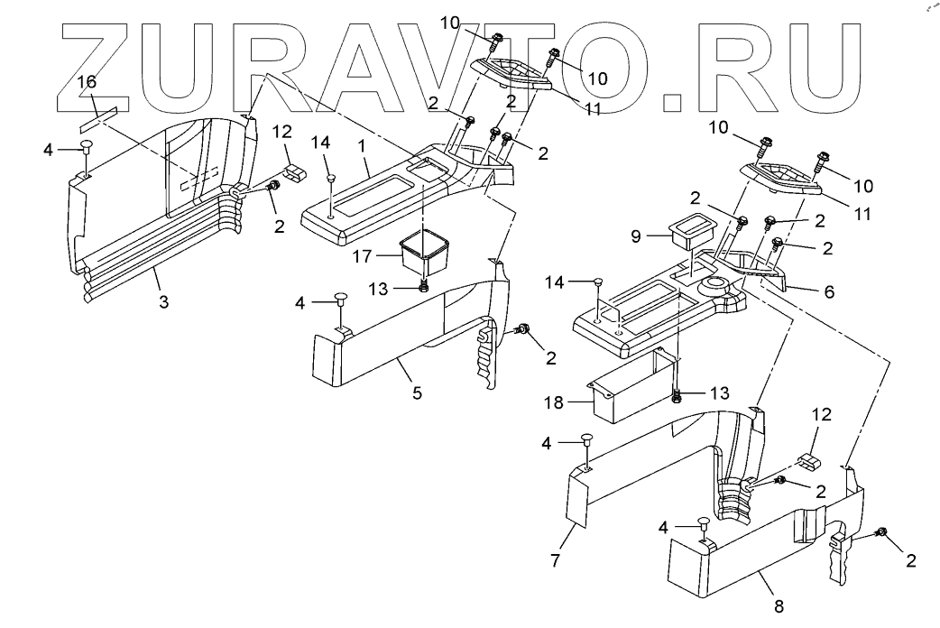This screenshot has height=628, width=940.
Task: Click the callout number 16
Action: click(x=87, y=83)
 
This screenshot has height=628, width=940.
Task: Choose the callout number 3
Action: click(x=163, y=300)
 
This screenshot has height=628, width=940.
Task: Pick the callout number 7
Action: click(x=557, y=560)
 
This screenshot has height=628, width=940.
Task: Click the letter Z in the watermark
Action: click(x=108, y=68)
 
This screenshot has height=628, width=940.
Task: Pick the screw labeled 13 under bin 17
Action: click(x=423, y=288)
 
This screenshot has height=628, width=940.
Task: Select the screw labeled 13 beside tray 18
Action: click(x=677, y=394)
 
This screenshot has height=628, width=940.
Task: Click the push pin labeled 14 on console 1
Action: click(x=331, y=178)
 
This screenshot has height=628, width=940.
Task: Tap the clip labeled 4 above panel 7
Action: click(x=585, y=440)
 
